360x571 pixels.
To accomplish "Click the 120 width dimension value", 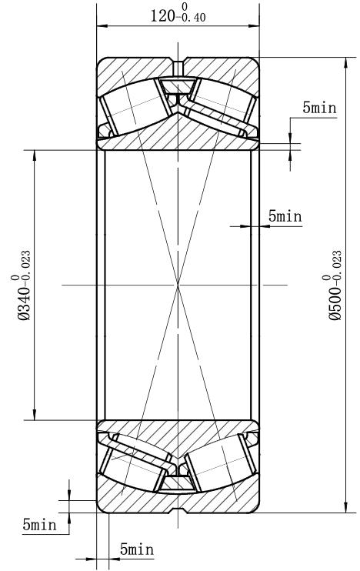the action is click(163, 16).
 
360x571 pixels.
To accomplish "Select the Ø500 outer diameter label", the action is click(335, 303).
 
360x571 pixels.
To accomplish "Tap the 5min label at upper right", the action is click(319, 108).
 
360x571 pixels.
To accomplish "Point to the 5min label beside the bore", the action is click(285, 216).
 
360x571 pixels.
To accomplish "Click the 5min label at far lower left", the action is click(40, 525).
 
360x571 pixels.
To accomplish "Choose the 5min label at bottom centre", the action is click(137, 549).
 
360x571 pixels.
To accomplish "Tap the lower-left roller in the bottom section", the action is click(135, 467).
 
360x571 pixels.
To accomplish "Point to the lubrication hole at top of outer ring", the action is click(178, 67).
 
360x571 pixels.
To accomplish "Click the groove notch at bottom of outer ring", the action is click(178, 509).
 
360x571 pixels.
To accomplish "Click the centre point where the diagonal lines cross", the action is click(178, 285).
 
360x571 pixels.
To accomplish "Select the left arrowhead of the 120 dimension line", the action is click(102, 26).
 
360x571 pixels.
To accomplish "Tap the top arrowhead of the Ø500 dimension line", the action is click(345, 62).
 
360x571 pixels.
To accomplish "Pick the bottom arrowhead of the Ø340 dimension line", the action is click(34, 415).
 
